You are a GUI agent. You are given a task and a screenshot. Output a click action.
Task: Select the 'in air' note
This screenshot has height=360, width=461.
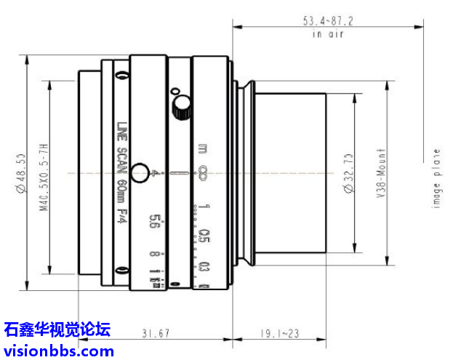click(327, 33)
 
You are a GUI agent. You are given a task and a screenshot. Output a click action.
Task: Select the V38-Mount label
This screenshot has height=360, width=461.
click(381, 174)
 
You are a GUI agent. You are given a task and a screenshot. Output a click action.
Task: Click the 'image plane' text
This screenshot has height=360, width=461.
click(436, 178)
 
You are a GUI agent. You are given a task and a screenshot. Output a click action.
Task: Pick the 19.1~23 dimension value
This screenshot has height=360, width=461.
click(279, 333)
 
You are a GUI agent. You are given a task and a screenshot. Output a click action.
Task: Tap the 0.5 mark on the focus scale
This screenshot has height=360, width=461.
click(205, 237)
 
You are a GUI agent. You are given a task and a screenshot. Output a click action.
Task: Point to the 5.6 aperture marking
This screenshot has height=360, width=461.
click(153, 221)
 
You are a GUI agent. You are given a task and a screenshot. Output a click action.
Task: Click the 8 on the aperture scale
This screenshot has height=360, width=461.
click(155, 254)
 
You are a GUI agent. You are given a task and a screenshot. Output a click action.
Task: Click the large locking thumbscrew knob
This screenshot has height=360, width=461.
click(178, 109)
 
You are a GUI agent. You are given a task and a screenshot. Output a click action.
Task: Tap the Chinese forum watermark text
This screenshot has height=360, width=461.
click(57, 329)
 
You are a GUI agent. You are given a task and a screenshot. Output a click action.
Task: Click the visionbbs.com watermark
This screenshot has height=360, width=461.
click(58, 351)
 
